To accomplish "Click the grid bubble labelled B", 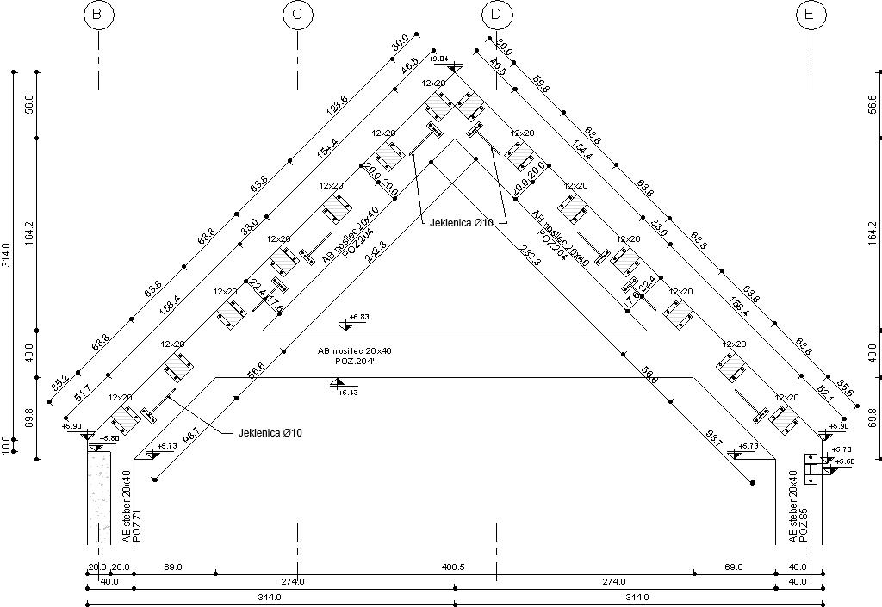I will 98,15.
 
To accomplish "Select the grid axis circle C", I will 297,15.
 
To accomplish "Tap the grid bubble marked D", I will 496,15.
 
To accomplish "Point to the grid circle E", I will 811,15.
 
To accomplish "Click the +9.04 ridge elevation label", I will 439,59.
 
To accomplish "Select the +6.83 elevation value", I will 358,318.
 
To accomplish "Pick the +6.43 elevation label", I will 347,393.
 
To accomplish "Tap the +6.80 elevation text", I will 109,439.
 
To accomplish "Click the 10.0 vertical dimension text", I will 7,444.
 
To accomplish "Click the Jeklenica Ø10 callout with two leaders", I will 462,223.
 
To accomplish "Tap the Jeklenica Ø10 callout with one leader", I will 270,432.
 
